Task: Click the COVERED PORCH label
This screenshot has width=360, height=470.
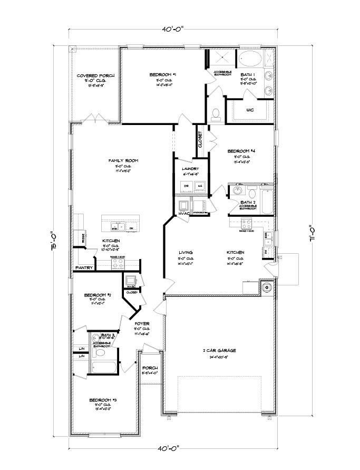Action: pyautogui.click(x=95, y=76)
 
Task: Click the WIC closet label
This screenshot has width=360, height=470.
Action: pyautogui.click(x=251, y=110)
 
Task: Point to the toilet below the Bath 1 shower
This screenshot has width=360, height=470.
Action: pyautogui.click(x=215, y=113)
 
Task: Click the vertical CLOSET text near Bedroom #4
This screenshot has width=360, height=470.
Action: pyautogui.click(x=200, y=140)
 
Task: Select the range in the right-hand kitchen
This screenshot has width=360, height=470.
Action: pyautogui.click(x=246, y=222)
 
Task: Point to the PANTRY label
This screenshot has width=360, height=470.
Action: pyautogui.click(x=84, y=268)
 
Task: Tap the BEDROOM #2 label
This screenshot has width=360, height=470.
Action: pyautogui.click(x=98, y=295)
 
